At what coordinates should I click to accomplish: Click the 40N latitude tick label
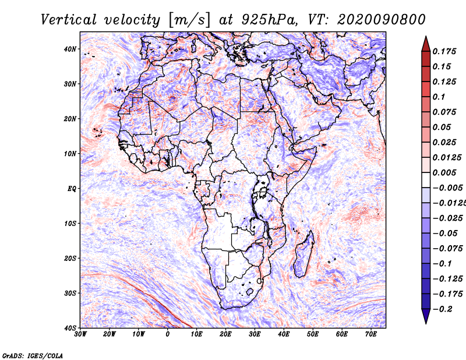click(69, 49)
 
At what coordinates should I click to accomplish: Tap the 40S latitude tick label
click(69, 327)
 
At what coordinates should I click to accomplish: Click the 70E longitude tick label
click(370, 334)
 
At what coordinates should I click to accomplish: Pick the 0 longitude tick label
click(168, 334)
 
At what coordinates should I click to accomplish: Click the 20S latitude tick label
click(69, 258)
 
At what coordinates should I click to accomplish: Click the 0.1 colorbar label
click(439, 97)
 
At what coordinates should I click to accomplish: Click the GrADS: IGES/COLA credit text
click(33, 355)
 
